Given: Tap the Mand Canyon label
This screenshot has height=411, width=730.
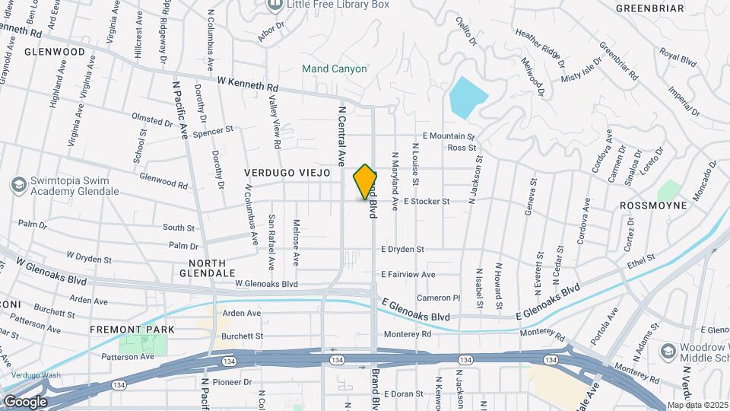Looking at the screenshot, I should pyautogui.click(x=335, y=68).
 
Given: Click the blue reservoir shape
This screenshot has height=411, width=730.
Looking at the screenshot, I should pyautogui.click(x=467, y=97).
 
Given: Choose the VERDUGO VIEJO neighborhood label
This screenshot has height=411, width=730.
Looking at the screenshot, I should pyautogui.click(x=287, y=174).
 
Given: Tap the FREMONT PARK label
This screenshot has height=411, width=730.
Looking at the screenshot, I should pyautogui.click(x=132, y=330).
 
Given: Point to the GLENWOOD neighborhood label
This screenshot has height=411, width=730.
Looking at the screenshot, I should pyautogui.click(x=55, y=52).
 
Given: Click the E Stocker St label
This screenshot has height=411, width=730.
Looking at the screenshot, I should pyautogui.click(x=427, y=202).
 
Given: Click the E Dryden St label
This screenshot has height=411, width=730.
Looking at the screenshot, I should pyautogui.click(x=413, y=249).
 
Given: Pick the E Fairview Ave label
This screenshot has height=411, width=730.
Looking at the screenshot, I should pyautogui.click(x=408, y=274).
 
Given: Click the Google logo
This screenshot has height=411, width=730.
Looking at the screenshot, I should pyautogui.click(x=25, y=402).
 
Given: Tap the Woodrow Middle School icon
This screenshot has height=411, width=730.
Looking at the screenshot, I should pyautogui.click(x=668, y=351).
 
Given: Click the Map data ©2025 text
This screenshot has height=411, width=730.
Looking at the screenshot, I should pyautogui.click(x=697, y=405).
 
